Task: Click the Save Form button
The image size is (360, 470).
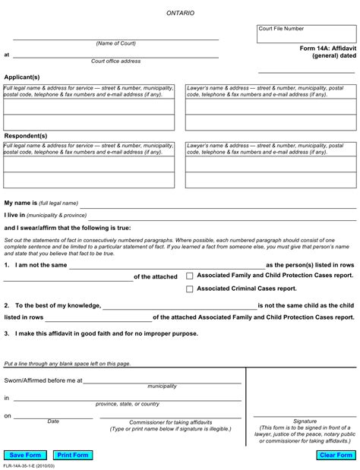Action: point(26,455)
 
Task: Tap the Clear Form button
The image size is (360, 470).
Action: point(336,455)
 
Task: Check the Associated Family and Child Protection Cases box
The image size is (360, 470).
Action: point(190,276)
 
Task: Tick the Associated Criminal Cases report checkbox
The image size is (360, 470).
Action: point(190,289)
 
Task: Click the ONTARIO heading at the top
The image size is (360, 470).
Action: point(180,13)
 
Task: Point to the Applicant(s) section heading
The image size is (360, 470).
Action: point(22,77)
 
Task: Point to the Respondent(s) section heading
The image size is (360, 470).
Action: point(26,136)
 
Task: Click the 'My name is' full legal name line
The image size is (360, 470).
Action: point(217,203)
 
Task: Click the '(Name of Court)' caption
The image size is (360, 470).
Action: point(115,43)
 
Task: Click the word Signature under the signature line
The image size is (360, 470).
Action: point(305,421)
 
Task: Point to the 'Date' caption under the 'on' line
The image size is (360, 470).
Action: point(53,421)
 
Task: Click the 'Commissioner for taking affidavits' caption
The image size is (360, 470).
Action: point(170,422)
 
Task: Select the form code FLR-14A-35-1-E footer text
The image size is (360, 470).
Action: point(29,465)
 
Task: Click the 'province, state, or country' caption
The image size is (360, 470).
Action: point(128,404)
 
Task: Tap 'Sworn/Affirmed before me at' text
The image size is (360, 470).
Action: point(43,380)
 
